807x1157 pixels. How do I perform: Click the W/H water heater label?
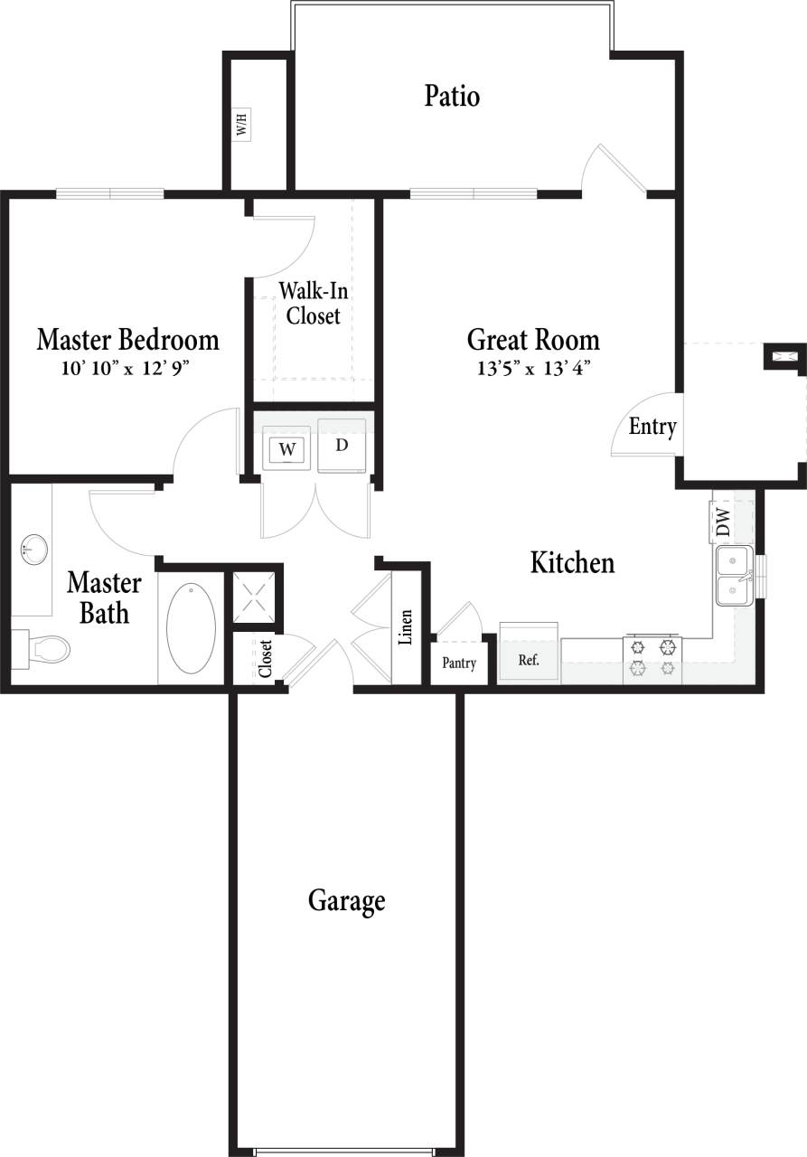241,125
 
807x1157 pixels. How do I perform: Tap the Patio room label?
452,96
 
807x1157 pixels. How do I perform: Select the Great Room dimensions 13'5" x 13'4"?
532,368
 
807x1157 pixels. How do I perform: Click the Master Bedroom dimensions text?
127,368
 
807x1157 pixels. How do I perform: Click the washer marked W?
286,447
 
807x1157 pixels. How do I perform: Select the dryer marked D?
342,445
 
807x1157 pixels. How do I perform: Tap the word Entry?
652,427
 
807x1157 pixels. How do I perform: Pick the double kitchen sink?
735,576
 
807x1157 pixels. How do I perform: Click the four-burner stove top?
652,657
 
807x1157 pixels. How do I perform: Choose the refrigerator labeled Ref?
529,660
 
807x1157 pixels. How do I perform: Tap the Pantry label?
459,663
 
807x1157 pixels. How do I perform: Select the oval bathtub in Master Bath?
192,628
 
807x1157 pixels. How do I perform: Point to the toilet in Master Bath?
45,648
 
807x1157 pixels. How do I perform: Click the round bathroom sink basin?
34,548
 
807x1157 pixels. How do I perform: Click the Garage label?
347,901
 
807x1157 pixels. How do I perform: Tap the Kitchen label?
572,563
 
